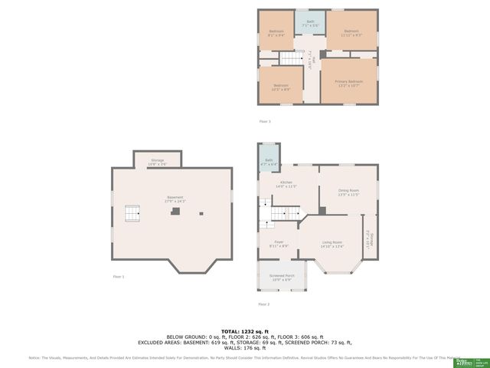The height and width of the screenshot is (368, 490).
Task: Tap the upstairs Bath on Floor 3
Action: pyautogui.click(x=310, y=23)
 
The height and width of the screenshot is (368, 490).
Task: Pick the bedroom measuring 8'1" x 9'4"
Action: pyautogui.click(x=276, y=33)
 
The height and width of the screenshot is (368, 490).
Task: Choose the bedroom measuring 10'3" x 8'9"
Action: pyautogui.click(x=280, y=87)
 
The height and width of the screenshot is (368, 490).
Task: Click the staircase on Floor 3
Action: pyautogui.click(x=291, y=58)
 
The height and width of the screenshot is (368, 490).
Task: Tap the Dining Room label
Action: pyautogui.click(x=348, y=192)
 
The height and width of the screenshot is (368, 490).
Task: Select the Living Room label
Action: pyautogui.click(x=332, y=244)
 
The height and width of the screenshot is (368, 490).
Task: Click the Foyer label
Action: pyautogui.click(x=279, y=244)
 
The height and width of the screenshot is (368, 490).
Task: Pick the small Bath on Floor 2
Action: pyautogui.click(x=269, y=162)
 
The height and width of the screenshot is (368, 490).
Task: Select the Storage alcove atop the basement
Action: pyautogui.click(x=156, y=162)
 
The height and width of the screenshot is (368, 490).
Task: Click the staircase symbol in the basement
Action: pyautogui.click(x=133, y=214)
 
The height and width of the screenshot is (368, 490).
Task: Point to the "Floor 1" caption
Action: pyautogui.click(x=118, y=276)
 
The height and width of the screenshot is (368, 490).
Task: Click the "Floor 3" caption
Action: pyautogui.click(x=264, y=121)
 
